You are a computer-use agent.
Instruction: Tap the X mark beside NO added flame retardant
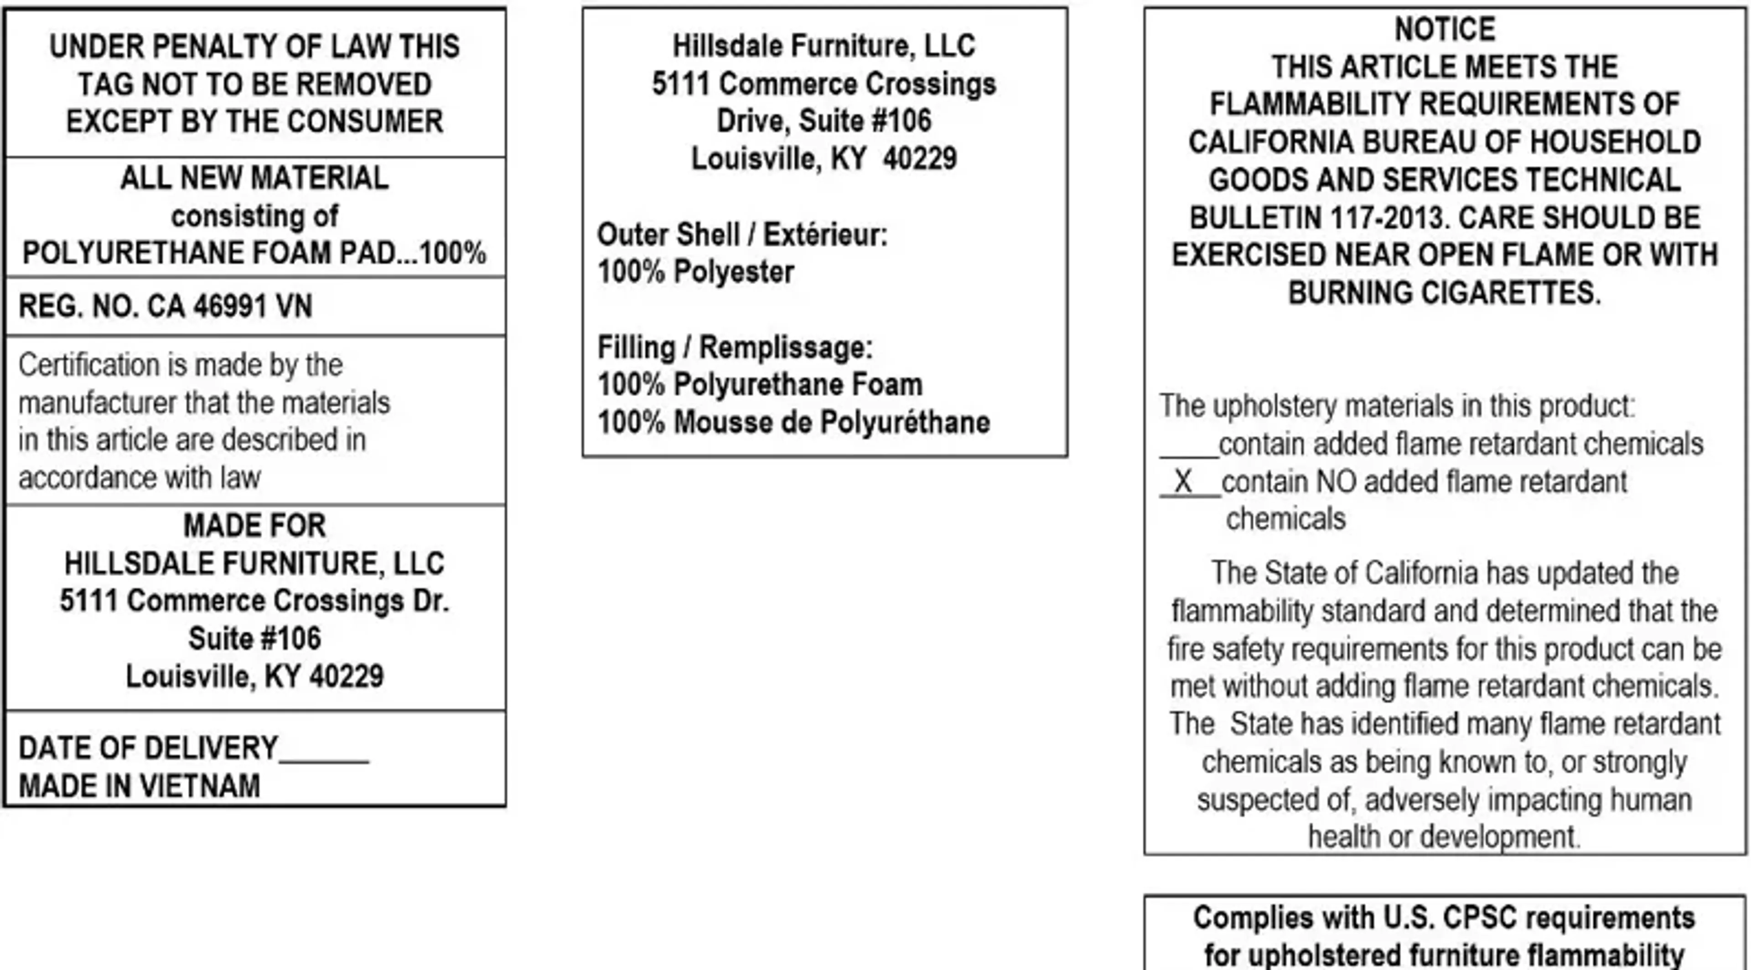coord(1183,482)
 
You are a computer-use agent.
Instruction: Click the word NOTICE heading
coord(1445,29)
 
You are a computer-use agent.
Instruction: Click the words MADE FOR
coord(254,525)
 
